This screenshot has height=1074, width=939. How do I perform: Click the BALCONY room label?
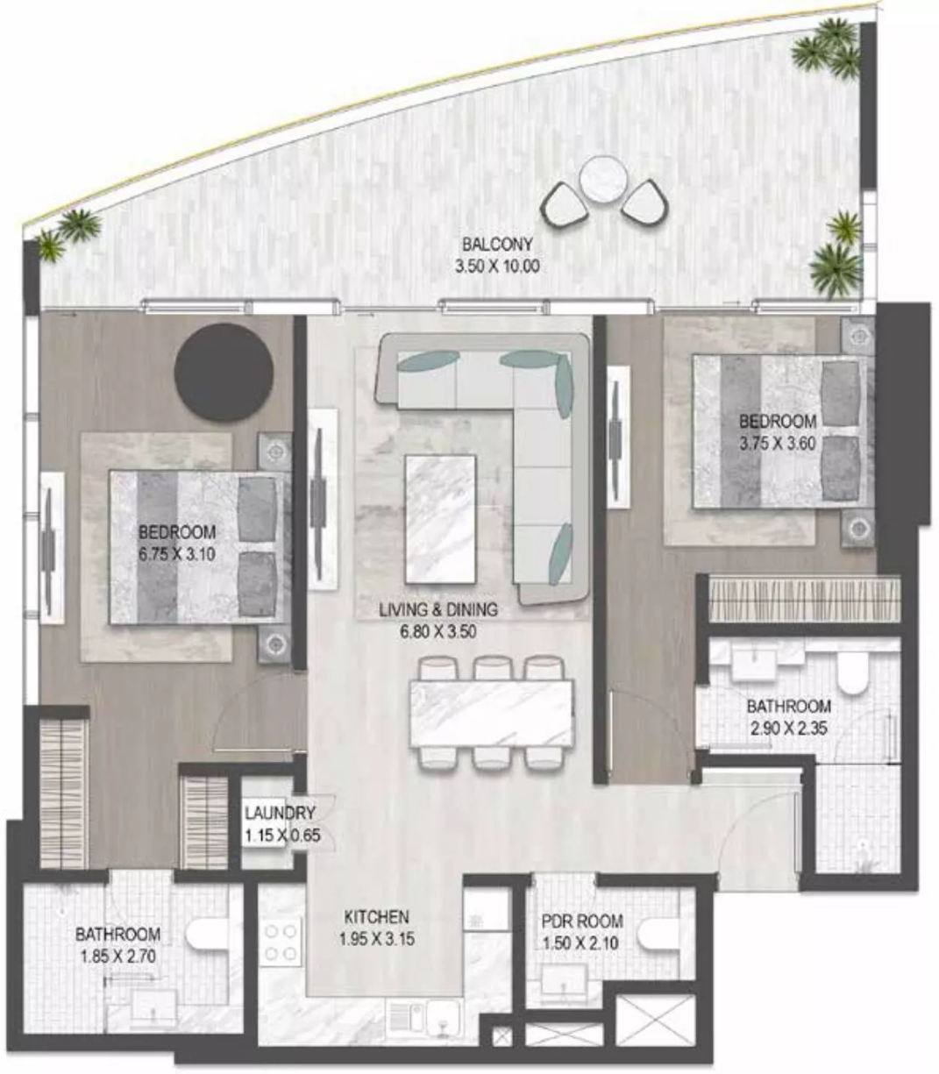(x=497, y=244)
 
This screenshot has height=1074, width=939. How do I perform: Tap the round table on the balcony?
(x=603, y=179)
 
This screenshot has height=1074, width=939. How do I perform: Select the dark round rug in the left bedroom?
(x=224, y=372)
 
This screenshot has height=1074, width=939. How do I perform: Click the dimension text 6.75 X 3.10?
(x=177, y=554)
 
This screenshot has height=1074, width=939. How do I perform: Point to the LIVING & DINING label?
(x=438, y=609)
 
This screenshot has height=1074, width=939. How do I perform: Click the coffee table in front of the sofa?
(x=441, y=519)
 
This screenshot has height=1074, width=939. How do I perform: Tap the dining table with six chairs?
(x=491, y=713)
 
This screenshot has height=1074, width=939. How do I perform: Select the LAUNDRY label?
(x=280, y=813)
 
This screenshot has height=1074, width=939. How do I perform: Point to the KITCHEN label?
(x=376, y=917)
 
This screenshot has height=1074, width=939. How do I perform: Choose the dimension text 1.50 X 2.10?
(x=580, y=942)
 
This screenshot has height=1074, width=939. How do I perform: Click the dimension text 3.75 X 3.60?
(x=778, y=444)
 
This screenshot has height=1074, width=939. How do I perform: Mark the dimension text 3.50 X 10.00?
(x=497, y=267)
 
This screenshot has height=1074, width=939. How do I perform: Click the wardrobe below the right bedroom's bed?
(x=804, y=599)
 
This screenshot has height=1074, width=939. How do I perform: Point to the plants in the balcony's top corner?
(x=827, y=49)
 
